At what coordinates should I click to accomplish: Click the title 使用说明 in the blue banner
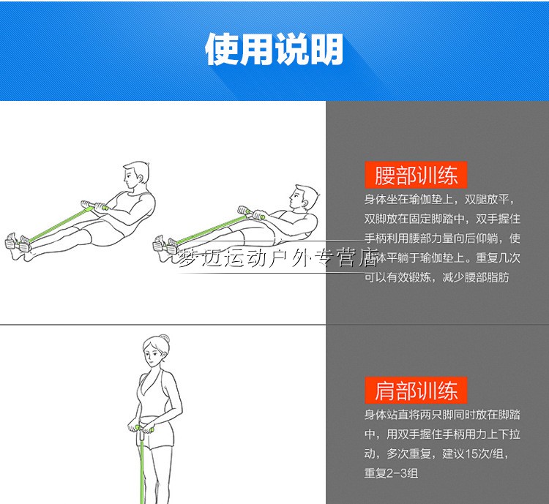pos(274,49)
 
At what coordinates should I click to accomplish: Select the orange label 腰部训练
pos(416,175)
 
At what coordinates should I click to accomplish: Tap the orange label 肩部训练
pos(416,390)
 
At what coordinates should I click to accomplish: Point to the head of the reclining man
pos(303,198)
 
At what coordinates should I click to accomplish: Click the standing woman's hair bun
pos(165,339)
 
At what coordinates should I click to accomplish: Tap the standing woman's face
pos(152,354)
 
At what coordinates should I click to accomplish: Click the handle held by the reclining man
pos(251,212)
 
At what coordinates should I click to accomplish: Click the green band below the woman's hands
pos(142,469)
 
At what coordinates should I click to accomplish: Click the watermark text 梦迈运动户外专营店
pos(278,257)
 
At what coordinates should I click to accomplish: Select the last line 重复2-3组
pos(391,473)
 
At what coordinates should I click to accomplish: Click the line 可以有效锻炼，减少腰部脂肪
pos(436,277)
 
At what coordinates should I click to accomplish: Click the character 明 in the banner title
pos(326,49)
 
